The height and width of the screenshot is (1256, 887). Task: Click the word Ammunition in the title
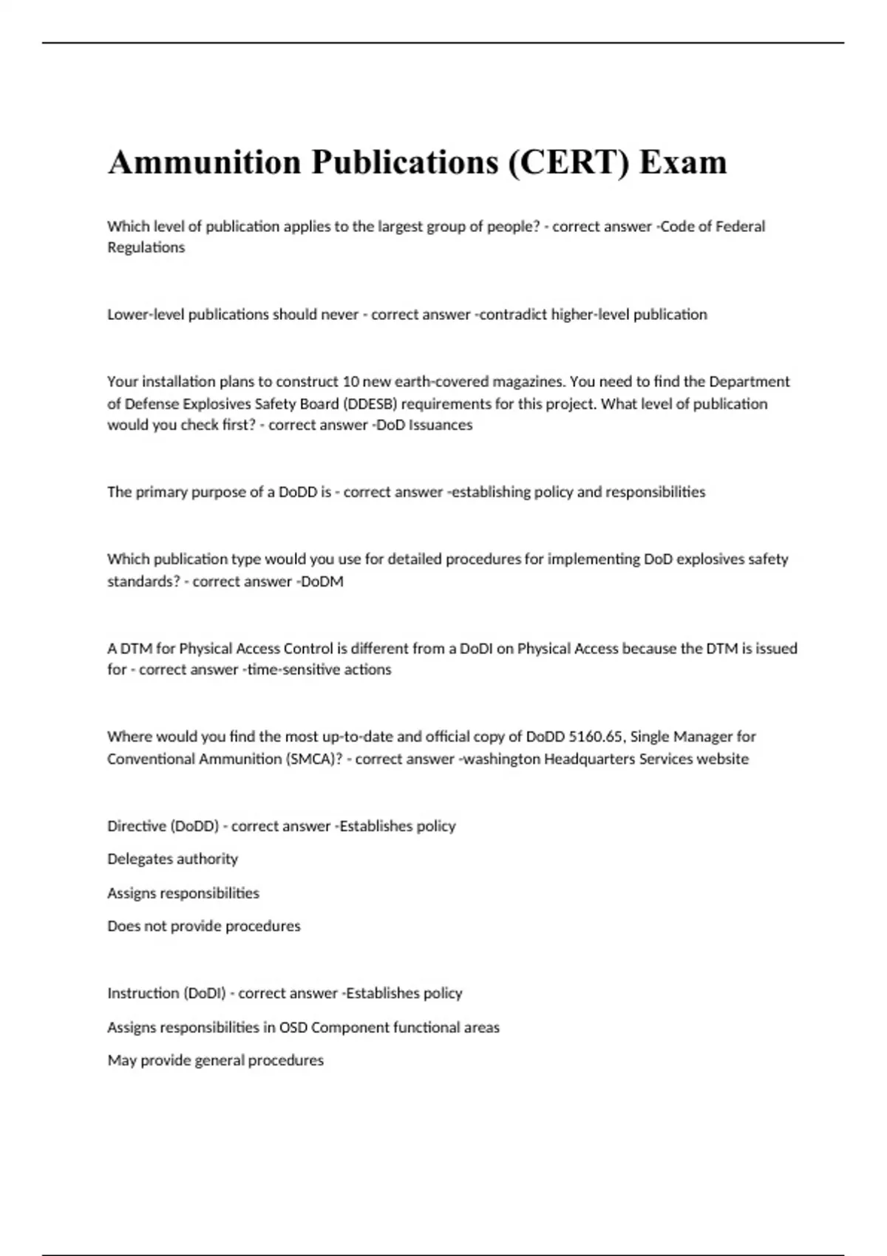pos(204,163)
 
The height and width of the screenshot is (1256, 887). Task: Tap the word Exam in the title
pos(683,163)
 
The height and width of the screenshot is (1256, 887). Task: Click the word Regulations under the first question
pos(146,248)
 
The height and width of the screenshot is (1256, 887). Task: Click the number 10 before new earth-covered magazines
pos(350,382)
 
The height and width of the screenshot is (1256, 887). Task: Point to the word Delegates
pos(141,859)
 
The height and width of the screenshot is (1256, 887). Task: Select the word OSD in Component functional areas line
pos(293,1027)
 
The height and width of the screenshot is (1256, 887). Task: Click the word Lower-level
pos(146,315)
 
